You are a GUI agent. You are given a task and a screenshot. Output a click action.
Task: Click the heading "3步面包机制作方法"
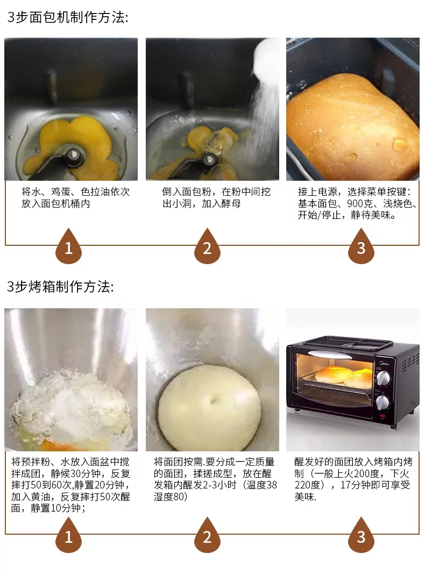click(x=68, y=18)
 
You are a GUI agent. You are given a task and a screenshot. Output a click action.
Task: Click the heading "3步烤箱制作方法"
click(x=60, y=286)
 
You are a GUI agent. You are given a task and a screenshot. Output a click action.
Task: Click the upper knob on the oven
click(x=383, y=379)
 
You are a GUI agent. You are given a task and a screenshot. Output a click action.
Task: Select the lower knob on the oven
click(x=383, y=402)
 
